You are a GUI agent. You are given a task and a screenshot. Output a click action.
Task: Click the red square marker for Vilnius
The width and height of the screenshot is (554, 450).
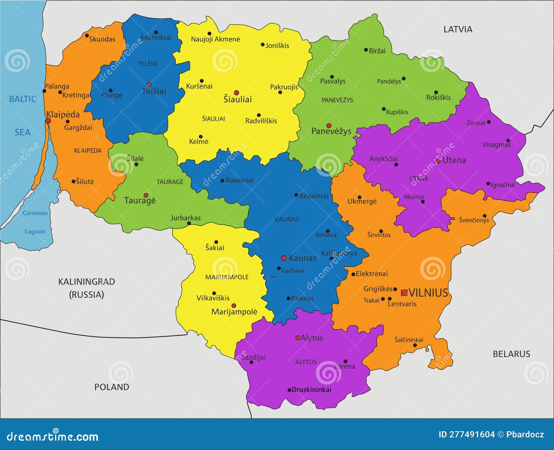pos(404,293)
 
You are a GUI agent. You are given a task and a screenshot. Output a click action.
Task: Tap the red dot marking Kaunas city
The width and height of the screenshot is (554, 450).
pos(284,258)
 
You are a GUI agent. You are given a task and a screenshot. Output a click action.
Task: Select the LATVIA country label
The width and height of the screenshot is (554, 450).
pos(458,29)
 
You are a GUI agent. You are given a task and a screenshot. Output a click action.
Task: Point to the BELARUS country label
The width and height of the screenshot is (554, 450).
pos(511,354)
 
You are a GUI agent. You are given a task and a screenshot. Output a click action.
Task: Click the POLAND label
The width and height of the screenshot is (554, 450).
pos(111,387)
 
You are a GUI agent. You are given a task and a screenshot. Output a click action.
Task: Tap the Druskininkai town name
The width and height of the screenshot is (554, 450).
pos(311,390)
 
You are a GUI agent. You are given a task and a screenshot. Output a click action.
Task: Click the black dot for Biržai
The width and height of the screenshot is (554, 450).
pos(366,50)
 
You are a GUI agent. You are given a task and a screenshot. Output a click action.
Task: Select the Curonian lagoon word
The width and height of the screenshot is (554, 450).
pos(35,213)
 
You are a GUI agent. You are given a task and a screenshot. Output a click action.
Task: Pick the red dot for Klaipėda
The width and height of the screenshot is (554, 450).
pos(48,121)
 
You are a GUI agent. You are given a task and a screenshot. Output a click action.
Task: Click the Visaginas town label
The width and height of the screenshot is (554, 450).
pos(496,145)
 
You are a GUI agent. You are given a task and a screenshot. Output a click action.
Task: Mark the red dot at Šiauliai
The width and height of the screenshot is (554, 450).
pos(236,92)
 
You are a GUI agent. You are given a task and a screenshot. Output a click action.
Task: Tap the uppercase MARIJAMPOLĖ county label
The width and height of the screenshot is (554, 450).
pos(227,277)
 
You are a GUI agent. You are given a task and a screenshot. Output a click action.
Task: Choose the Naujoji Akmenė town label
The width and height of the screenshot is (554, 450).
pos(215,39)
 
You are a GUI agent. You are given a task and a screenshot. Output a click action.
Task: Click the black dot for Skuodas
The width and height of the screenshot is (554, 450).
pos(87,35)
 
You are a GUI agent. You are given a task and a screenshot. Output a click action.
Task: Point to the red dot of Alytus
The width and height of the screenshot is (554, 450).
pos(297,338)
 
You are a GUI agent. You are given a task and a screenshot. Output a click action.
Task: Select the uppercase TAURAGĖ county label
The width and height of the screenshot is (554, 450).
pos(170,182)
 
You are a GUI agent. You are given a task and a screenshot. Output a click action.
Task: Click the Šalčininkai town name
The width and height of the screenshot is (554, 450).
pos(409,340)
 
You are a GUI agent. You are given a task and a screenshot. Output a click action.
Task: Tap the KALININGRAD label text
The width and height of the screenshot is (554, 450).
pos(86,282)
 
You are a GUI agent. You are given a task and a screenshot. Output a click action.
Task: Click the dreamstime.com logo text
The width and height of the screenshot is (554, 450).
pos(53,437)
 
